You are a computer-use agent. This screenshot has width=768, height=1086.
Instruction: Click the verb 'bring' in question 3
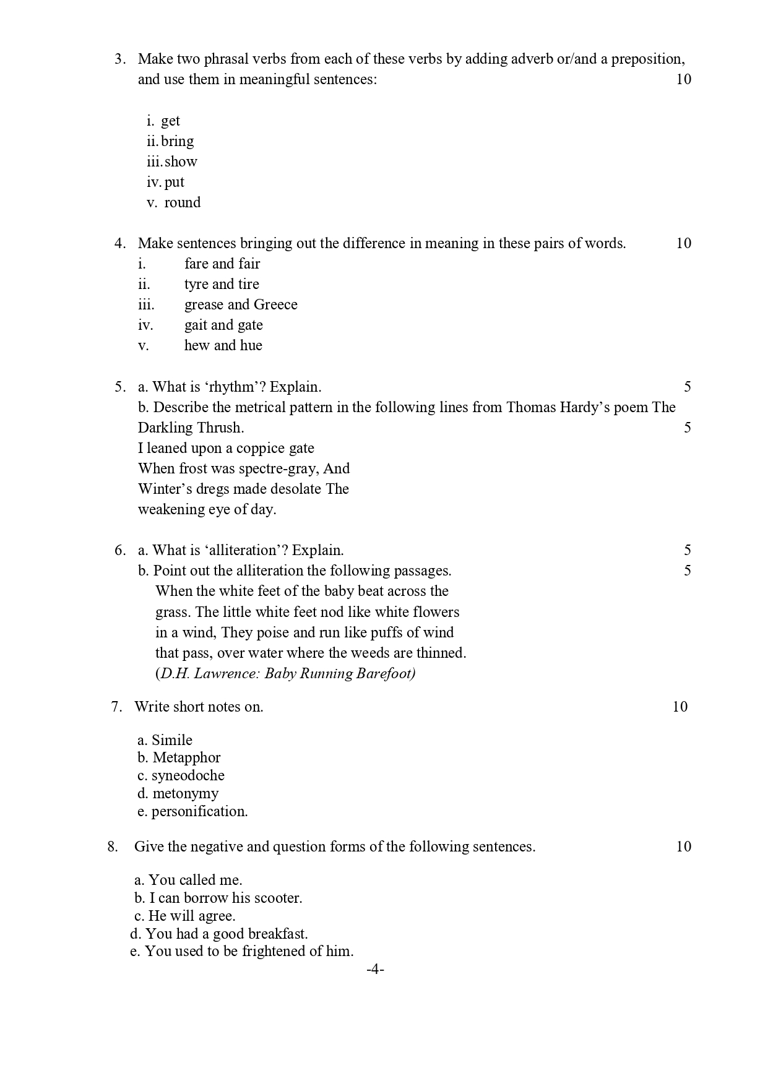click(178, 142)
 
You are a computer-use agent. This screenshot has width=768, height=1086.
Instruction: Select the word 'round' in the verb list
click(183, 203)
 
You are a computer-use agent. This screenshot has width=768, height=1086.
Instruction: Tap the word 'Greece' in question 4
click(275, 305)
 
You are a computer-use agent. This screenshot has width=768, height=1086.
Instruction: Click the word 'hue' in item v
click(251, 346)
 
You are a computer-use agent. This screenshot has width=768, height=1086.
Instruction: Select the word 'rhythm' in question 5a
click(232, 387)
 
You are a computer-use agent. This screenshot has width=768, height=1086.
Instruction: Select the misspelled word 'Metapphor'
click(186, 758)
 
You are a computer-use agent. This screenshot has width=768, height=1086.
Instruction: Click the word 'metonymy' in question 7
click(186, 794)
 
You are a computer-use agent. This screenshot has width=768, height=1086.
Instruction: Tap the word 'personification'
click(199, 812)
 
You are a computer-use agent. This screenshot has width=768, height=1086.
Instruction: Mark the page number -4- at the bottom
click(375, 970)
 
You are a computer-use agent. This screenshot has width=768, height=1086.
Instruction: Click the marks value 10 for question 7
click(680, 707)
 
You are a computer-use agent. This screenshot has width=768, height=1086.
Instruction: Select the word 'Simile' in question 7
click(172, 741)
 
